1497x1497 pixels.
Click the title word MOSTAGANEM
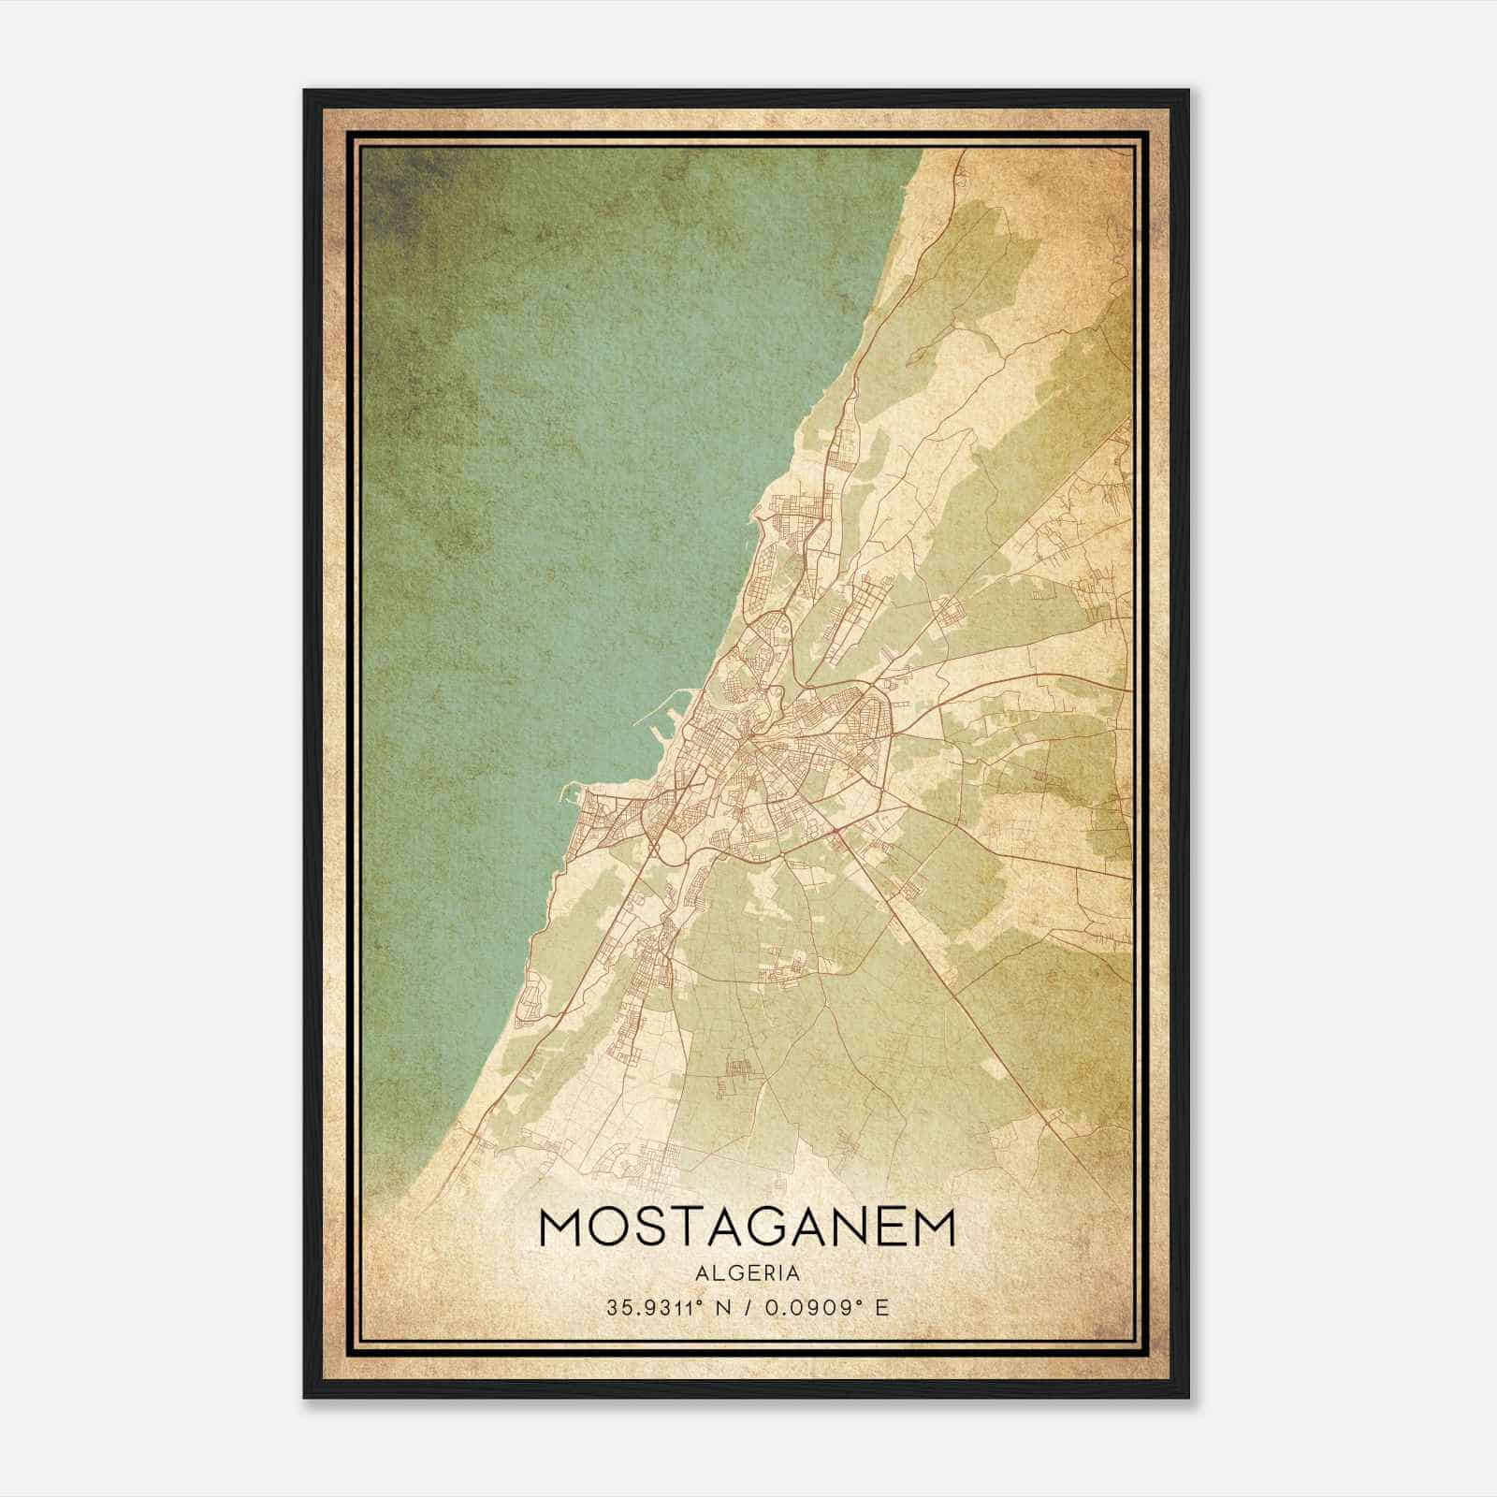pyautogui.click(x=748, y=1228)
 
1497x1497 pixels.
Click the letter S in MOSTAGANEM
pyautogui.click(x=649, y=1228)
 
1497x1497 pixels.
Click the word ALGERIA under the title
pyautogui.click(x=748, y=1272)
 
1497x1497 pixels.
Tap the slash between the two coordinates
pyautogui.click(x=748, y=1308)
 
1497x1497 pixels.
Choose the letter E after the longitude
pyautogui.click(x=881, y=1308)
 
